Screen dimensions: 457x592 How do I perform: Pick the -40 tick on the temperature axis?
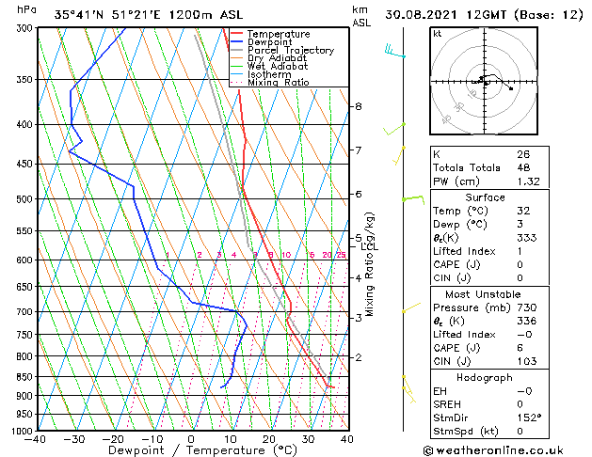tap(36, 439)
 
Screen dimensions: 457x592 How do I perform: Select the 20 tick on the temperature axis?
tap(269, 439)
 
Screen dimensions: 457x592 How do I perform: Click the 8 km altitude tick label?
tap(358, 106)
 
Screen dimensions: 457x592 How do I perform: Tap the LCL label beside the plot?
tap(368, 246)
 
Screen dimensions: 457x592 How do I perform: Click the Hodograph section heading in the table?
tap(485, 377)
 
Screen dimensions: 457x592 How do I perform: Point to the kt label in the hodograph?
tap(437, 33)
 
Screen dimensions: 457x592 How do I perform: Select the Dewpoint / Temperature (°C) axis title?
tap(191, 451)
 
